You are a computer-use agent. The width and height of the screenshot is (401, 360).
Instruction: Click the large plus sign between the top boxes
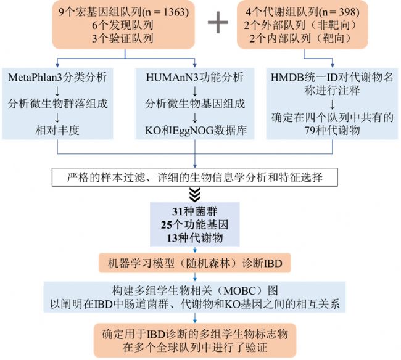point(218,22)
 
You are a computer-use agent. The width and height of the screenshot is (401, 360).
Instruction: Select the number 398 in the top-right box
point(347,12)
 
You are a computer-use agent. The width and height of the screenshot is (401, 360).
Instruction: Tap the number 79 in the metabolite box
point(310,131)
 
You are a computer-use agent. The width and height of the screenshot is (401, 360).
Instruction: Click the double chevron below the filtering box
point(195,194)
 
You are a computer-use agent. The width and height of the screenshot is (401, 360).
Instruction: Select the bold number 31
point(177,211)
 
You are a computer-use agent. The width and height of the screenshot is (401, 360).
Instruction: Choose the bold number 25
point(166,225)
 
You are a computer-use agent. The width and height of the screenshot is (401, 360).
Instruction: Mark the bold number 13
point(172,238)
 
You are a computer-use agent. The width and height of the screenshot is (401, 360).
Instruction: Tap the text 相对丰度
point(57,131)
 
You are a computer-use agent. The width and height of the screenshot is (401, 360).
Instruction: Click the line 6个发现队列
point(123,25)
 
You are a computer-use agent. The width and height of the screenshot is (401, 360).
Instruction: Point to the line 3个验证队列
point(123,38)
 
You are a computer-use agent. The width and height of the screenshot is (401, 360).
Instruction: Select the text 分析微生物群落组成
point(57,104)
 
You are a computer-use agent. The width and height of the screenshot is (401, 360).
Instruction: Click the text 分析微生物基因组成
point(195,104)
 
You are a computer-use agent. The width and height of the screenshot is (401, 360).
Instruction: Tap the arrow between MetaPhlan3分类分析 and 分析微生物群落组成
point(57,91)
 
